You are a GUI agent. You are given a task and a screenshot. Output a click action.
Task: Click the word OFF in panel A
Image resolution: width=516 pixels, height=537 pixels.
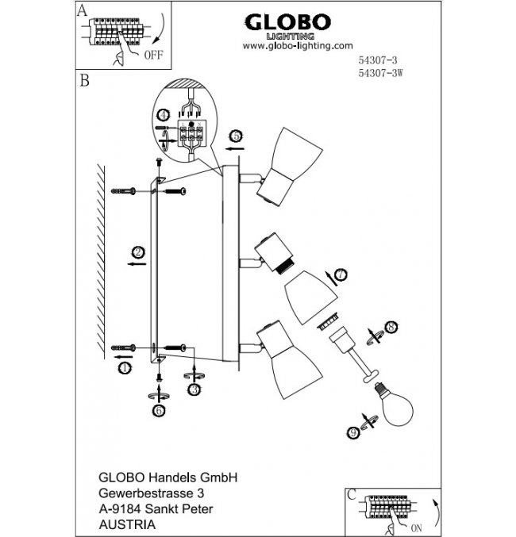(153, 56)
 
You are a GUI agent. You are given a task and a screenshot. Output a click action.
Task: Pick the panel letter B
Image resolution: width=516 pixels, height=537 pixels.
(84, 81)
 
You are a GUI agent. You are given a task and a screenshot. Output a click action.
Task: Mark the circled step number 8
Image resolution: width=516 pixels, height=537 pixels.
(390, 326)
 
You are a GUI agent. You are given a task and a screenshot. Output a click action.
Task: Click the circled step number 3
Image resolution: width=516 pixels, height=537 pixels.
(193, 389)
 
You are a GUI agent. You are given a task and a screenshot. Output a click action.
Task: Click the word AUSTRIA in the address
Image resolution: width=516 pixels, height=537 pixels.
(122, 524)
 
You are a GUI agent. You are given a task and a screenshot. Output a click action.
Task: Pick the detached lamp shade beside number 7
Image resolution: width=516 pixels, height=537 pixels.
(303, 293)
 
